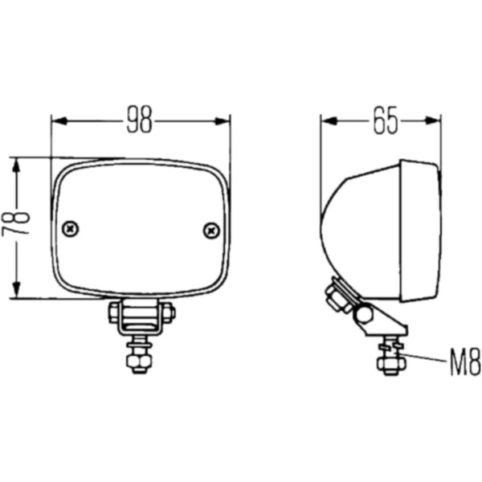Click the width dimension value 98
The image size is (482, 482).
(x=140, y=120)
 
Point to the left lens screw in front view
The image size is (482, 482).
(x=72, y=229)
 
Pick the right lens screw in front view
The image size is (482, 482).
(x=211, y=230)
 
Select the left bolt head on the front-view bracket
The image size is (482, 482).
(x=114, y=312)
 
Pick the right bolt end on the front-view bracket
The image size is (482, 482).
(x=169, y=312)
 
